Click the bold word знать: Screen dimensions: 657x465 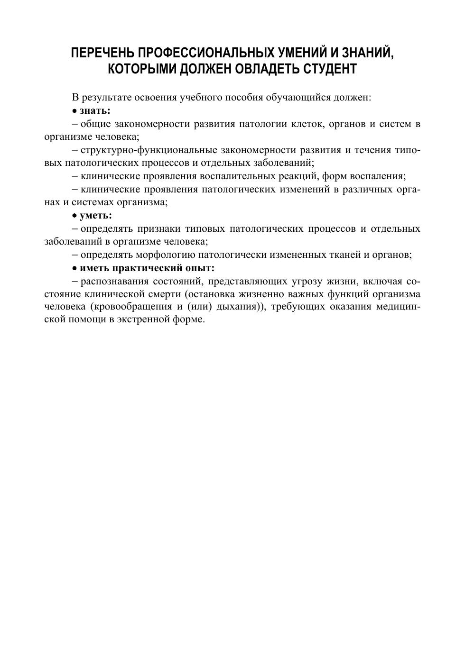[x=95, y=111]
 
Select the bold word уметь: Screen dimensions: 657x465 [x=96, y=216]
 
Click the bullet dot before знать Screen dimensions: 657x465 [x=74, y=111]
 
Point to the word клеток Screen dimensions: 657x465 [x=307, y=124]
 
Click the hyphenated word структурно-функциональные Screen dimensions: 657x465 [x=149, y=150]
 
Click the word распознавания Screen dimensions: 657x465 [x=113, y=281]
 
